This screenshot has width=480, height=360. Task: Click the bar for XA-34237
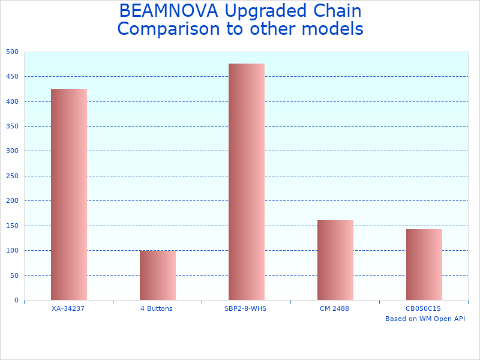pyautogui.click(x=68, y=194)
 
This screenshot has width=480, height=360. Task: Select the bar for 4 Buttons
pyautogui.click(x=157, y=275)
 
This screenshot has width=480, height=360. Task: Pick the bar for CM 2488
pyautogui.click(x=335, y=260)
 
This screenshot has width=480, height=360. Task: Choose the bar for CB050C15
pyautogui.click(x=424, y=265)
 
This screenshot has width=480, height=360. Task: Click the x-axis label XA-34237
pyautogui.click(x=68, y=308)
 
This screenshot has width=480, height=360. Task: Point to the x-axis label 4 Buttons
pyautogui.click(x=157, y=308)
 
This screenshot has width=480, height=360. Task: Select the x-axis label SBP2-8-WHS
pyautogui.click(x=245, y=308)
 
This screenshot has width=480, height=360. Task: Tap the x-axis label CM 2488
pyautogui.click(x=334, y=308)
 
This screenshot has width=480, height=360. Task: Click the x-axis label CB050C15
pyautogui.click(x=423, y=308)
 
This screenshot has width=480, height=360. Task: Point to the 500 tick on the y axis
pyautogui.click(x=13, y=52)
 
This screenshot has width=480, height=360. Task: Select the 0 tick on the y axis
pyautogui.click(x=16, y=301)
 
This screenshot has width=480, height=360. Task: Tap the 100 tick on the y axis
pyautogui.click(x=13, y=251)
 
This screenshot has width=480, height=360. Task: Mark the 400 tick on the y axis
pyautogui.click(x=13, y=102)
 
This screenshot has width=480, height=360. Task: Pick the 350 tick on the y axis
pyautogui.click(x=13, y=127)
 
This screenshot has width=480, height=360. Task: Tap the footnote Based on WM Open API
pyautogui.click(x=425, y=319)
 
